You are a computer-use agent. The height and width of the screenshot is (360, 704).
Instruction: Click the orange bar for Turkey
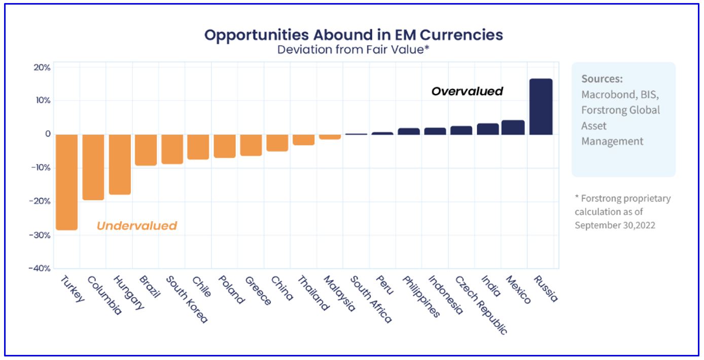(66, 182)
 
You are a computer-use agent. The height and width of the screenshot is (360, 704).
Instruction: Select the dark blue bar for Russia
(541, 106)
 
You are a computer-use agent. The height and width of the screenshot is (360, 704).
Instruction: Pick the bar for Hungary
(120, 164)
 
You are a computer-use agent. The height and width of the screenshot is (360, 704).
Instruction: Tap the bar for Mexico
(513, 127)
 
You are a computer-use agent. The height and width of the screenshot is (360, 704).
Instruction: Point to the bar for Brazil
(146, 150)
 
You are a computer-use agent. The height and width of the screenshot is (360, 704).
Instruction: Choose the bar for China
(277, 142)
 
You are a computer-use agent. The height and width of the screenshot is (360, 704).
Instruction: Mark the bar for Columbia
(93, 167)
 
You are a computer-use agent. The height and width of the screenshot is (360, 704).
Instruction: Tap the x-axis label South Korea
(187, 299)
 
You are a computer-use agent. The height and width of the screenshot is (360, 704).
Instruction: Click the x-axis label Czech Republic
(481, 305)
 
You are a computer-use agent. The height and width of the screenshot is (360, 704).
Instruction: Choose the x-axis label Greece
(258, 291)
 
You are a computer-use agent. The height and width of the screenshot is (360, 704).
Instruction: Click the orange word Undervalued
(137, 226)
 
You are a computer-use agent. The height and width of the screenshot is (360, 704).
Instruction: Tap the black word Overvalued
(467, 91)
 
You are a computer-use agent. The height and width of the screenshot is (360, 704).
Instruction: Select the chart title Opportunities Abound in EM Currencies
(354, 35)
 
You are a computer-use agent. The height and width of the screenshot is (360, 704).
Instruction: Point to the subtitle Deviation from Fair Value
(354, 50)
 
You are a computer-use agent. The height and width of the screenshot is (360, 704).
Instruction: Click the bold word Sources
(602, 79)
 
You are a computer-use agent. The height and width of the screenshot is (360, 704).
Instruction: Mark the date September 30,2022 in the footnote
(615, 225)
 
